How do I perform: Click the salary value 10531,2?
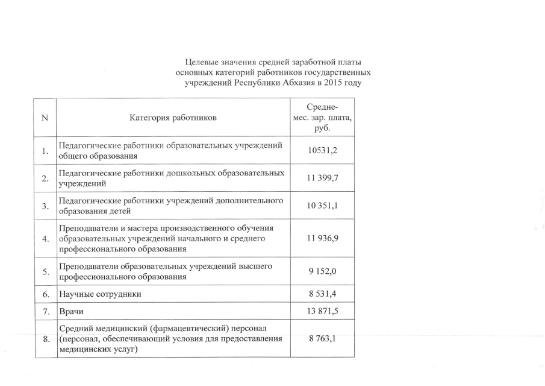tap(322, 150)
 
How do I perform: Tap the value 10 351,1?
tap(322, 206)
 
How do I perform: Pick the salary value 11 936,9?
tap(322, 239)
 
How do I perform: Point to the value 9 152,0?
tap(322, 272)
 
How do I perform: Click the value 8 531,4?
tap(322, 295)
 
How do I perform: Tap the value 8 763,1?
tap(322, 340)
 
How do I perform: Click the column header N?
tap(45, 118)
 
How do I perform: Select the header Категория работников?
tap(172, 118)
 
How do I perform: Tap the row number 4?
tap(45, 239)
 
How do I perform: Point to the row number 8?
tap(45, 340)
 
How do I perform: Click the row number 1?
tap(45, 151)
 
